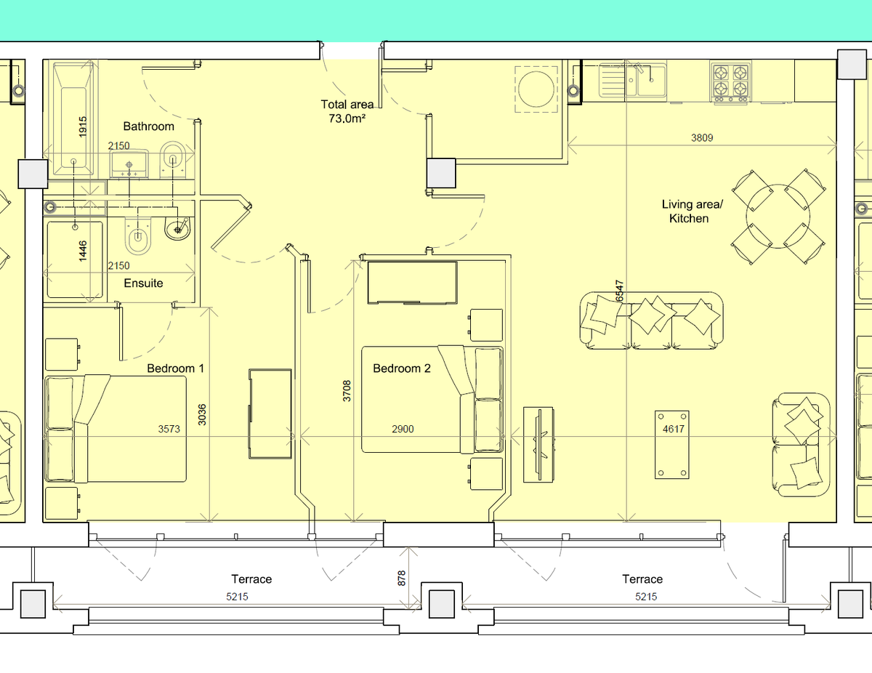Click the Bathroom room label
[148, 126]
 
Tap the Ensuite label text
[143, 283]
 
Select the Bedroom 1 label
[175, 368]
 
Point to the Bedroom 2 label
[402, 368]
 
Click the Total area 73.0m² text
[347, 110]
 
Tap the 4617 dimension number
[674, 430]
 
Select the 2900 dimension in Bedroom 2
[403, 430]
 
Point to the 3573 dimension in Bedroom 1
[169, 430]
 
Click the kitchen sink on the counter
[632, 81]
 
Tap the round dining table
[778, 217]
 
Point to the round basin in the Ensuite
[176, 230]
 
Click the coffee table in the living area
[671, 445]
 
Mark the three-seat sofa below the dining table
[651, 320]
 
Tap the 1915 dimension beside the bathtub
[83, 128]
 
